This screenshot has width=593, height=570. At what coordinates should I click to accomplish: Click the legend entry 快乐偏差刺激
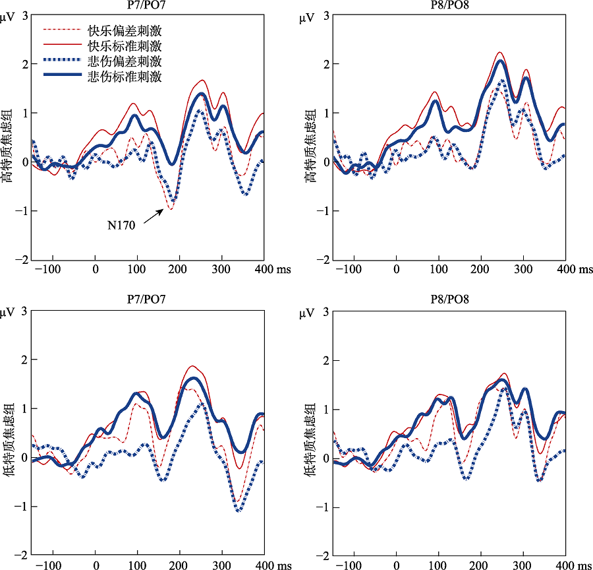pos(125,30)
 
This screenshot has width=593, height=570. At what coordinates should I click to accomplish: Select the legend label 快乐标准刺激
pos(125,46)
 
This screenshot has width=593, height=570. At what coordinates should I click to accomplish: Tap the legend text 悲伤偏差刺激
pos(125,61)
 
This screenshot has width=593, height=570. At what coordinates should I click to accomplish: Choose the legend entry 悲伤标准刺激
pos(125,77)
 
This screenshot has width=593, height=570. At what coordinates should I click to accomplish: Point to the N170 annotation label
pos(121,226)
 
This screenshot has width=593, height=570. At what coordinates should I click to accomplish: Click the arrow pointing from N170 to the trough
pos(152,216)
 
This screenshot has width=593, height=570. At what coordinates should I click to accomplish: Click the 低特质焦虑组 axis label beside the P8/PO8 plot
pos(308,432)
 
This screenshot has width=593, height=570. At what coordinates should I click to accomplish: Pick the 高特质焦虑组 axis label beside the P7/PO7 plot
pos(8,137)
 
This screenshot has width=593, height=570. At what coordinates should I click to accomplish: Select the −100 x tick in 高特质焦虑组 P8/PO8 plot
pos(354,270)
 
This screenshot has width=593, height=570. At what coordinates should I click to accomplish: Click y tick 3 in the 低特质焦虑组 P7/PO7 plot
pos(24,310)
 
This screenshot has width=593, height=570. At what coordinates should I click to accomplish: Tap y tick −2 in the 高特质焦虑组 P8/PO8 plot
pos(324,260)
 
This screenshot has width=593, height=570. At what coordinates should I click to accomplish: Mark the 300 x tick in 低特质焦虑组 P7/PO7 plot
pos(222,566)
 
